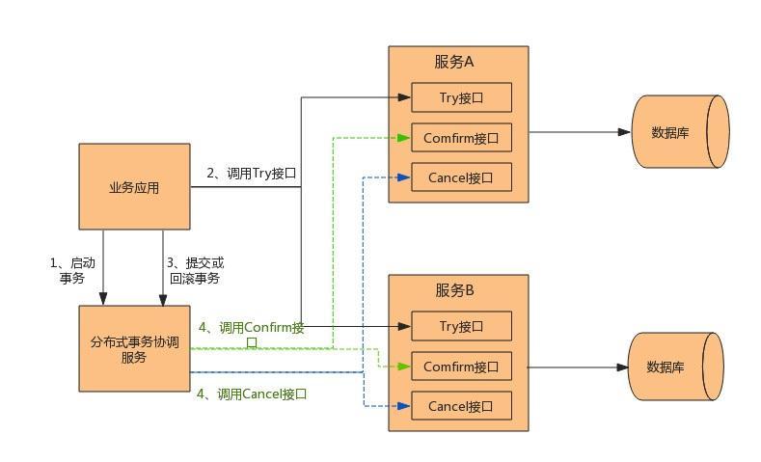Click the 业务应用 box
[134, 187]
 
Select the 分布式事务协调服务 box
[134, 349]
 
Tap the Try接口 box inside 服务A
[461, 97]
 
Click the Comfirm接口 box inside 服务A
[461, 138]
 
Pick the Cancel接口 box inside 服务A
[461, 177]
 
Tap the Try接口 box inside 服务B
[461, 326]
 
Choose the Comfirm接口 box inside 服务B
[461, 367]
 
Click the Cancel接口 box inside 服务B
[461, 406]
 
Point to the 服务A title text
[454, 62]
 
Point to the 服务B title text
[454, 290]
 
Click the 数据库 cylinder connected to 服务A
[678, 132]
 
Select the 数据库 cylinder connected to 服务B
[675, 367]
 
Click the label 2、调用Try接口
[251, 174]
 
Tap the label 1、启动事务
[72, 270]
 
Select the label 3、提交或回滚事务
[196, 270]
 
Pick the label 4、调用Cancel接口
[252, 394]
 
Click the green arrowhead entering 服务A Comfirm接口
[405, 138]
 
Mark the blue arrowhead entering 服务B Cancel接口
[405, 406]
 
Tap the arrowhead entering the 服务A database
[624, 132]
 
